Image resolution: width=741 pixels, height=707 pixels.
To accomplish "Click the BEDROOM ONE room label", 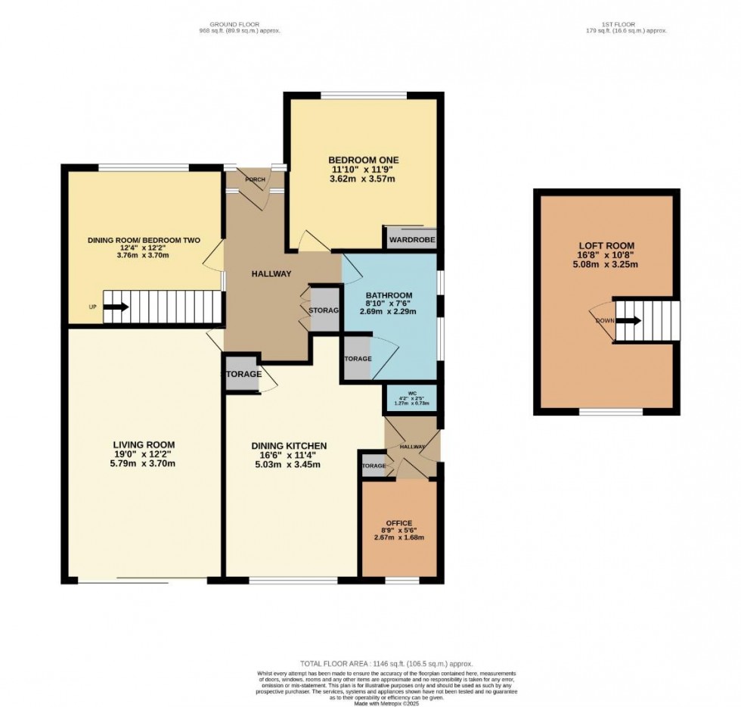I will pyautogui.click(x=363, y=160).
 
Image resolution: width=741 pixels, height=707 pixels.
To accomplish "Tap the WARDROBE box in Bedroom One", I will pyautogui.click(x=411, y=241).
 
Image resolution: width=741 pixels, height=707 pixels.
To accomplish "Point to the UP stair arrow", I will pyautogui.click(x=115, y=307).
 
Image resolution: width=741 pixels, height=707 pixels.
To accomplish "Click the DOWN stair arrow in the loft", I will pyautogui.click(x=627, y=320).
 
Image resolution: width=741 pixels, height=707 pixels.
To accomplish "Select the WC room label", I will pyautogui.click(x=412, y=392).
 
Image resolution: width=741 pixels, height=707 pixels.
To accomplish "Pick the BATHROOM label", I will pyautogui.click(x=389, y=295).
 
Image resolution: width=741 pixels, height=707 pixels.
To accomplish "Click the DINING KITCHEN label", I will pyautogui.click(x=289, y=446).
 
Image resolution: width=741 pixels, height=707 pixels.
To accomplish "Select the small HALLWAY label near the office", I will pyautogui.click(x=412, y=447).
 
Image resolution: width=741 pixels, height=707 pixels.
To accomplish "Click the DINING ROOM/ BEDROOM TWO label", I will pyautogui.click(x=144, y=240).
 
